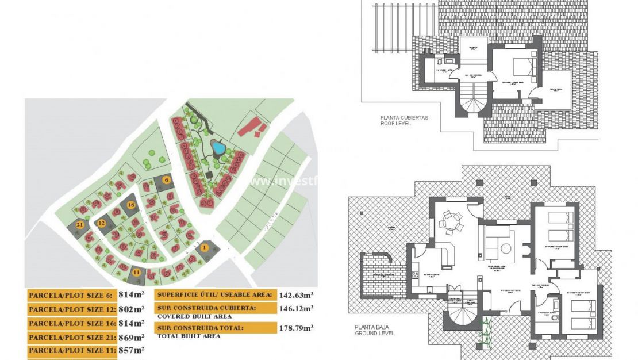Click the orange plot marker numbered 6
(x=167, y=179)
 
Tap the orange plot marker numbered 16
(x=131, y=205)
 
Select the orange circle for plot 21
(x=80, y=224)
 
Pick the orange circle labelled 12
(x=102, y=223)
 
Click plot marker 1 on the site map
(x=205, y=247)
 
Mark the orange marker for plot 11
(x=136, y=273)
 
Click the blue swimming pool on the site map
(x=218, y=148)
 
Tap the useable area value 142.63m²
(x=296, y=295)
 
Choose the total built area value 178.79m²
(x=296, y=328)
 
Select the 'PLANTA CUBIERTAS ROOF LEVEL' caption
(x=396, y=120)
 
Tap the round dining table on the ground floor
(x=452, y=222)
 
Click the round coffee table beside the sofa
(x=506, y=248)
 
